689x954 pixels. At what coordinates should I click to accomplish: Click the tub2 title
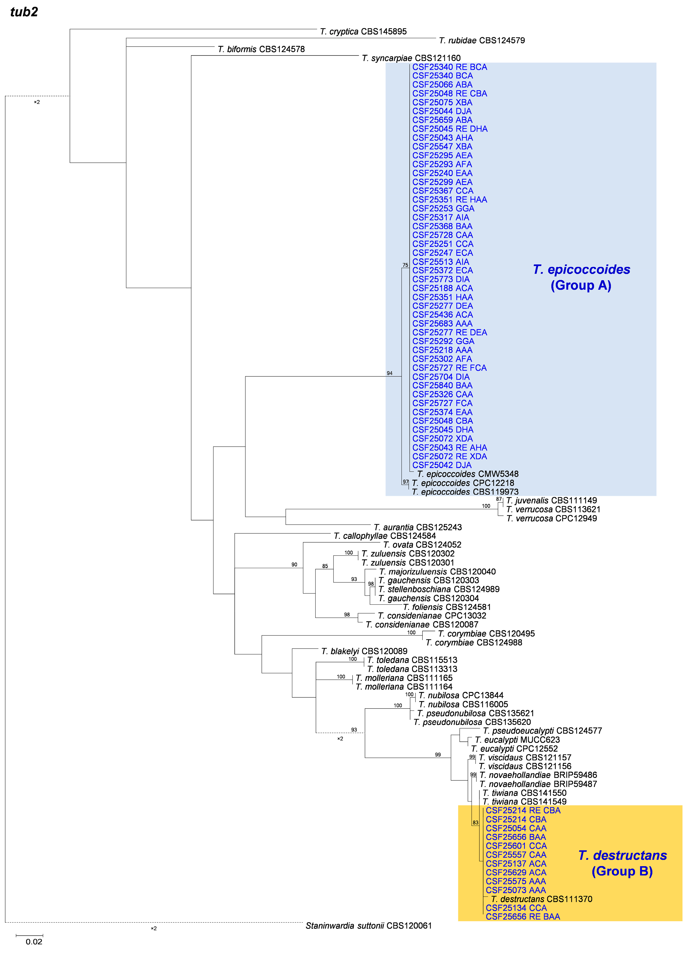pos(24,12)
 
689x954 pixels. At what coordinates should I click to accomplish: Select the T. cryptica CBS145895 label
pos(363,32)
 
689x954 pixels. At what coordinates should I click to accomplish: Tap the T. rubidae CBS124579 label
pos(482,40)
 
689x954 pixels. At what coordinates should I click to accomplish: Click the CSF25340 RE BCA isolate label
pos(449,67)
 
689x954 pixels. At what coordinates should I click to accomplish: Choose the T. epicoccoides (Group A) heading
pos(581,277)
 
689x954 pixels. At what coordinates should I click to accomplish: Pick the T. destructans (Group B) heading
pos(622,863)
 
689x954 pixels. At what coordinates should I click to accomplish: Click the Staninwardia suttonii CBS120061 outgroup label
pos(369,926)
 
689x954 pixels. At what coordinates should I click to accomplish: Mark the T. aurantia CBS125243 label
pos(418,527)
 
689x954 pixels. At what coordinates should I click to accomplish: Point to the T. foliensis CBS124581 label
pos(447,607)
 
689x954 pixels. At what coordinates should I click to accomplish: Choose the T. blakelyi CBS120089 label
pos(364,651)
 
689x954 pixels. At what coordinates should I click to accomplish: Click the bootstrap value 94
pos(390,373)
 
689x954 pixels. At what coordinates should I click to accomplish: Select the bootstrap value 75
pos(405,265)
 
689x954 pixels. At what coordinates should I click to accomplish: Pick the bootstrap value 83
pos(475,822)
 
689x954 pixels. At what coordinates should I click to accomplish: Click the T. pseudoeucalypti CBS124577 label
pos(542,731)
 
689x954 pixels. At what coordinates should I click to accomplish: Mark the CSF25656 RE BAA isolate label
pos(523,917)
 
